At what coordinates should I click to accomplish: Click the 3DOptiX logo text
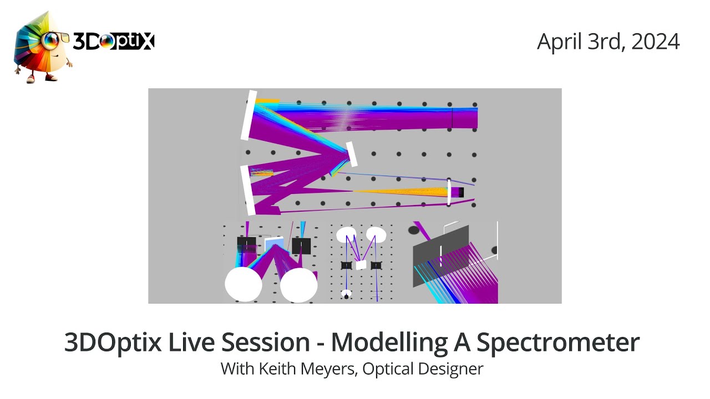[113, 42]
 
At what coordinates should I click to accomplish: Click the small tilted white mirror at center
[351, 154]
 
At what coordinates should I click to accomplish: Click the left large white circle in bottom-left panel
[243, 284]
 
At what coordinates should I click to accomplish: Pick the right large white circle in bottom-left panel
[298, 284]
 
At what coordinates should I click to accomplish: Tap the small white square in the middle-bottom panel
[361, 265]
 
